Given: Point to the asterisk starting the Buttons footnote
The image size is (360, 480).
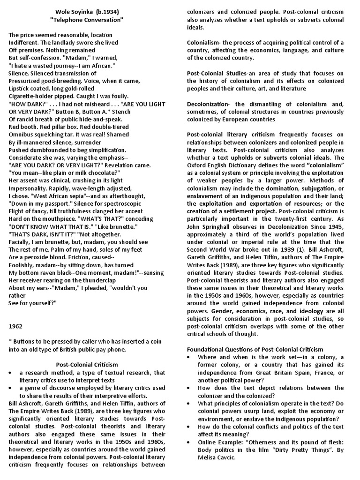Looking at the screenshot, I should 10,340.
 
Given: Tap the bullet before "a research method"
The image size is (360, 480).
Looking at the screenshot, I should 11,373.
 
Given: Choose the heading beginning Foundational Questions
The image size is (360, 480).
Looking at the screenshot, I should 255,349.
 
